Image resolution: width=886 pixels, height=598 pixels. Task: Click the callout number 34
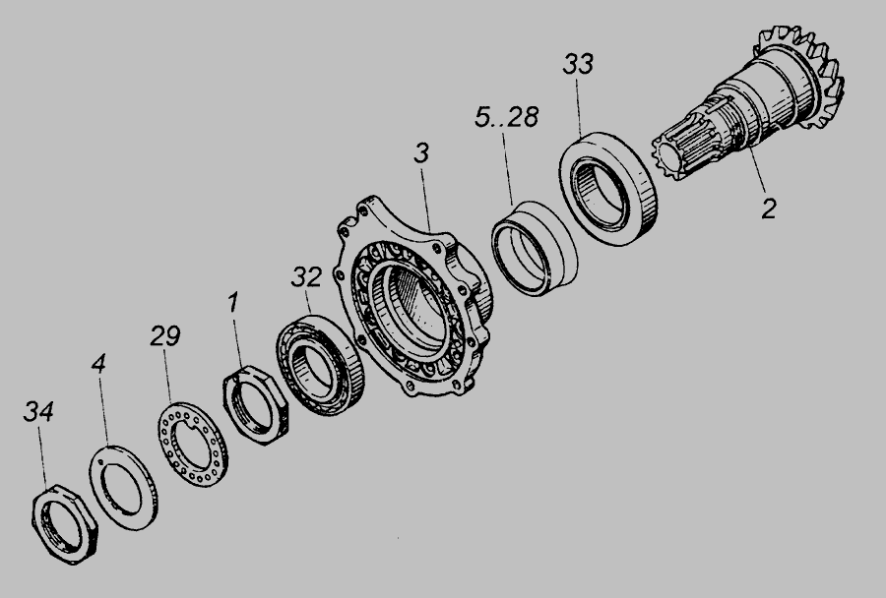click(38, 412)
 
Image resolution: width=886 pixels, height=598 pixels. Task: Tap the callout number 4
click(98, 364)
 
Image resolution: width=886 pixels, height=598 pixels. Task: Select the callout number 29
click(165, 336)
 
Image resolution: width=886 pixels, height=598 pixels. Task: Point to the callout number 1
click(233, 302)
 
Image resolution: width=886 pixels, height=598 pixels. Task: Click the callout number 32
click(307, 276)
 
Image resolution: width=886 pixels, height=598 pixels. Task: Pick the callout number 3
click(421, 153)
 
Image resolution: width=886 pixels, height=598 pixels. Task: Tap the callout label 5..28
click(506, 117)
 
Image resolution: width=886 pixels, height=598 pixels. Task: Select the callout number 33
click(578, 64)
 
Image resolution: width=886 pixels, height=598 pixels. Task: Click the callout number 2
click(769, 209)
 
